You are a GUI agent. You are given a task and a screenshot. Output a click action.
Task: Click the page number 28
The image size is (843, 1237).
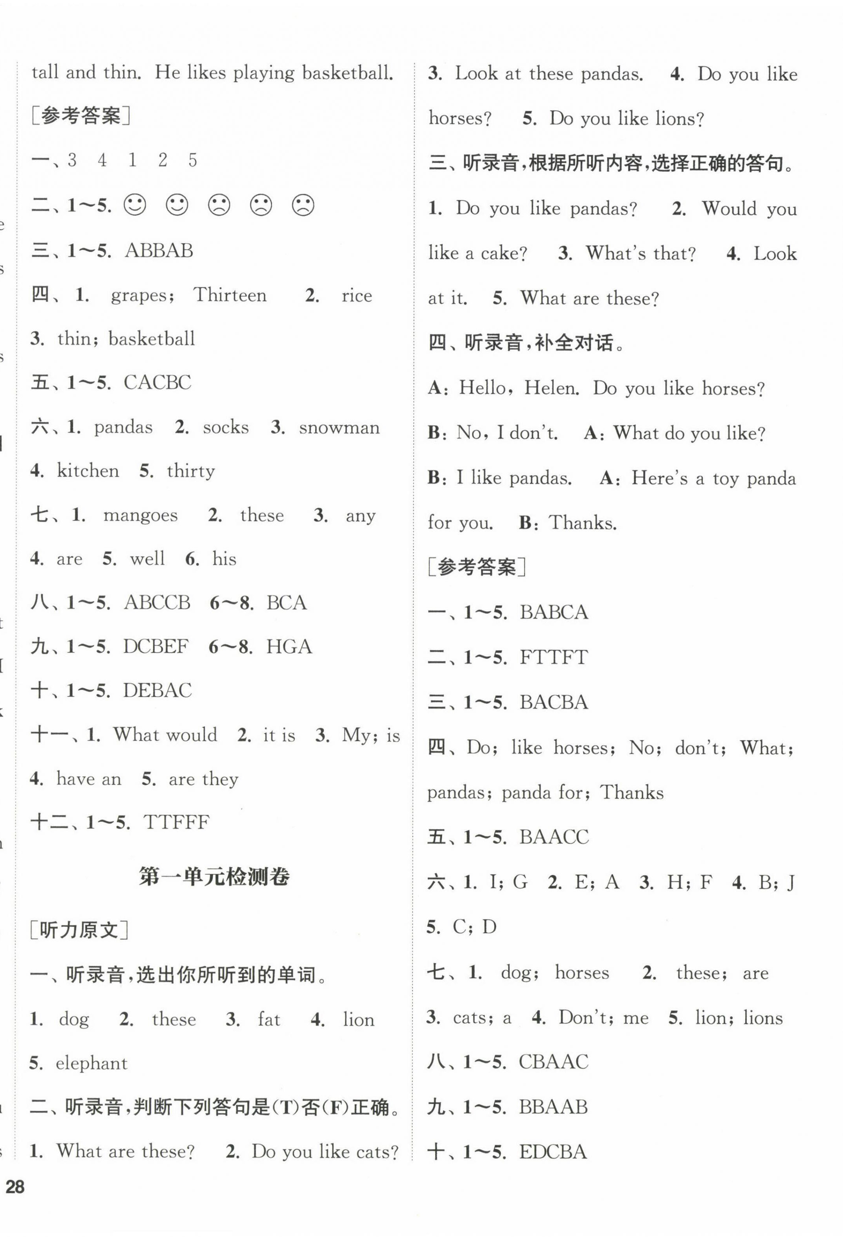(x=15, y=1187)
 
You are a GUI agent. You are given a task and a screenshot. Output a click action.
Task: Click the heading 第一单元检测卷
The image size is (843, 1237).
(x=214, y=877)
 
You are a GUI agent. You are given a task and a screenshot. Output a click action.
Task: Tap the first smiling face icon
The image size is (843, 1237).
(x=135, y=205)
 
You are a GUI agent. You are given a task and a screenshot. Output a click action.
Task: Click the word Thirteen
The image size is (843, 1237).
(x=230, y=295)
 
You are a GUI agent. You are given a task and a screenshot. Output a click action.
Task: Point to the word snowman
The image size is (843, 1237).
(x=339, y=427)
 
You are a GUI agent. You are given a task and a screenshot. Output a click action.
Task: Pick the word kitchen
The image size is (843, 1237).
(x=88, y=470)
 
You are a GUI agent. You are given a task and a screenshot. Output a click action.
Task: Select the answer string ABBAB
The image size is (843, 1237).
(x=159, y=250)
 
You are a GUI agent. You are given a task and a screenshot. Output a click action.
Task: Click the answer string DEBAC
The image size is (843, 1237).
(x=157, y=690)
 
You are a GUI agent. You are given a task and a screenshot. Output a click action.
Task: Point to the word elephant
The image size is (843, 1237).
(x=91, y=1063)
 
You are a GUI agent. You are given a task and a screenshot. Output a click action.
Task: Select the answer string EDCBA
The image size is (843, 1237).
(x=553, y=1152)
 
